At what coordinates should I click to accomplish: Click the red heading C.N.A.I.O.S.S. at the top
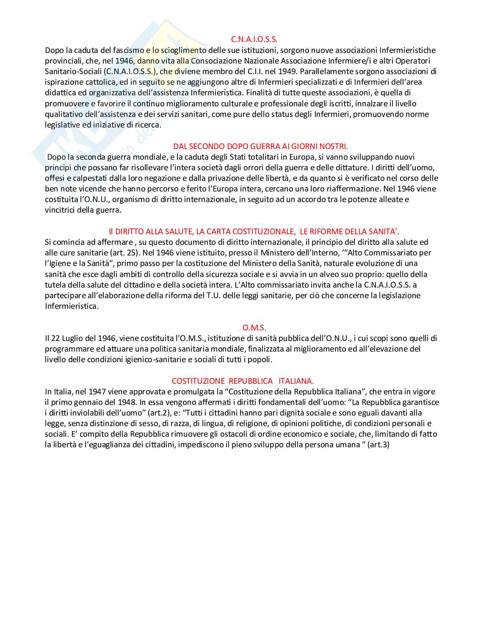[x=254, y=39]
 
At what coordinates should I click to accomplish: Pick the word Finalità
[x=260, y=92]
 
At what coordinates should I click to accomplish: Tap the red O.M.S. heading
[x=254, y=327]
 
